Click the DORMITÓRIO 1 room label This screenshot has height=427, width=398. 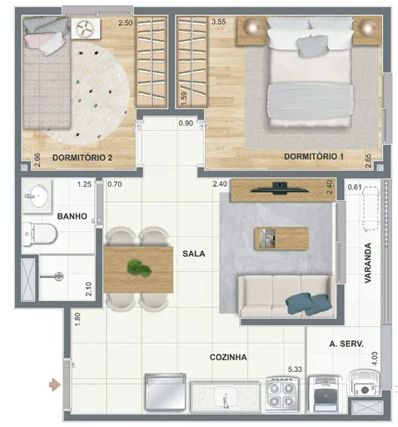313,156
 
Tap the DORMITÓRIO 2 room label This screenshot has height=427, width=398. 82,157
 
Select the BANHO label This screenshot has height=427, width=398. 73,217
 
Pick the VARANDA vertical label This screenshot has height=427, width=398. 367,263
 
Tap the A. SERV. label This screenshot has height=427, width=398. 344,344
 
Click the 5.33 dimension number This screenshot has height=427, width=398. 295,369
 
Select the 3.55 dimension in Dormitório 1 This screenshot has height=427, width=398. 219,23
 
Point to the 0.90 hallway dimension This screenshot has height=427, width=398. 187,124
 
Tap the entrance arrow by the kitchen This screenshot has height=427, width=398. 56,384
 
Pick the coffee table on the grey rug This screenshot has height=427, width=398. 280,239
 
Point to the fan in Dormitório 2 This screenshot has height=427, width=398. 87,29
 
